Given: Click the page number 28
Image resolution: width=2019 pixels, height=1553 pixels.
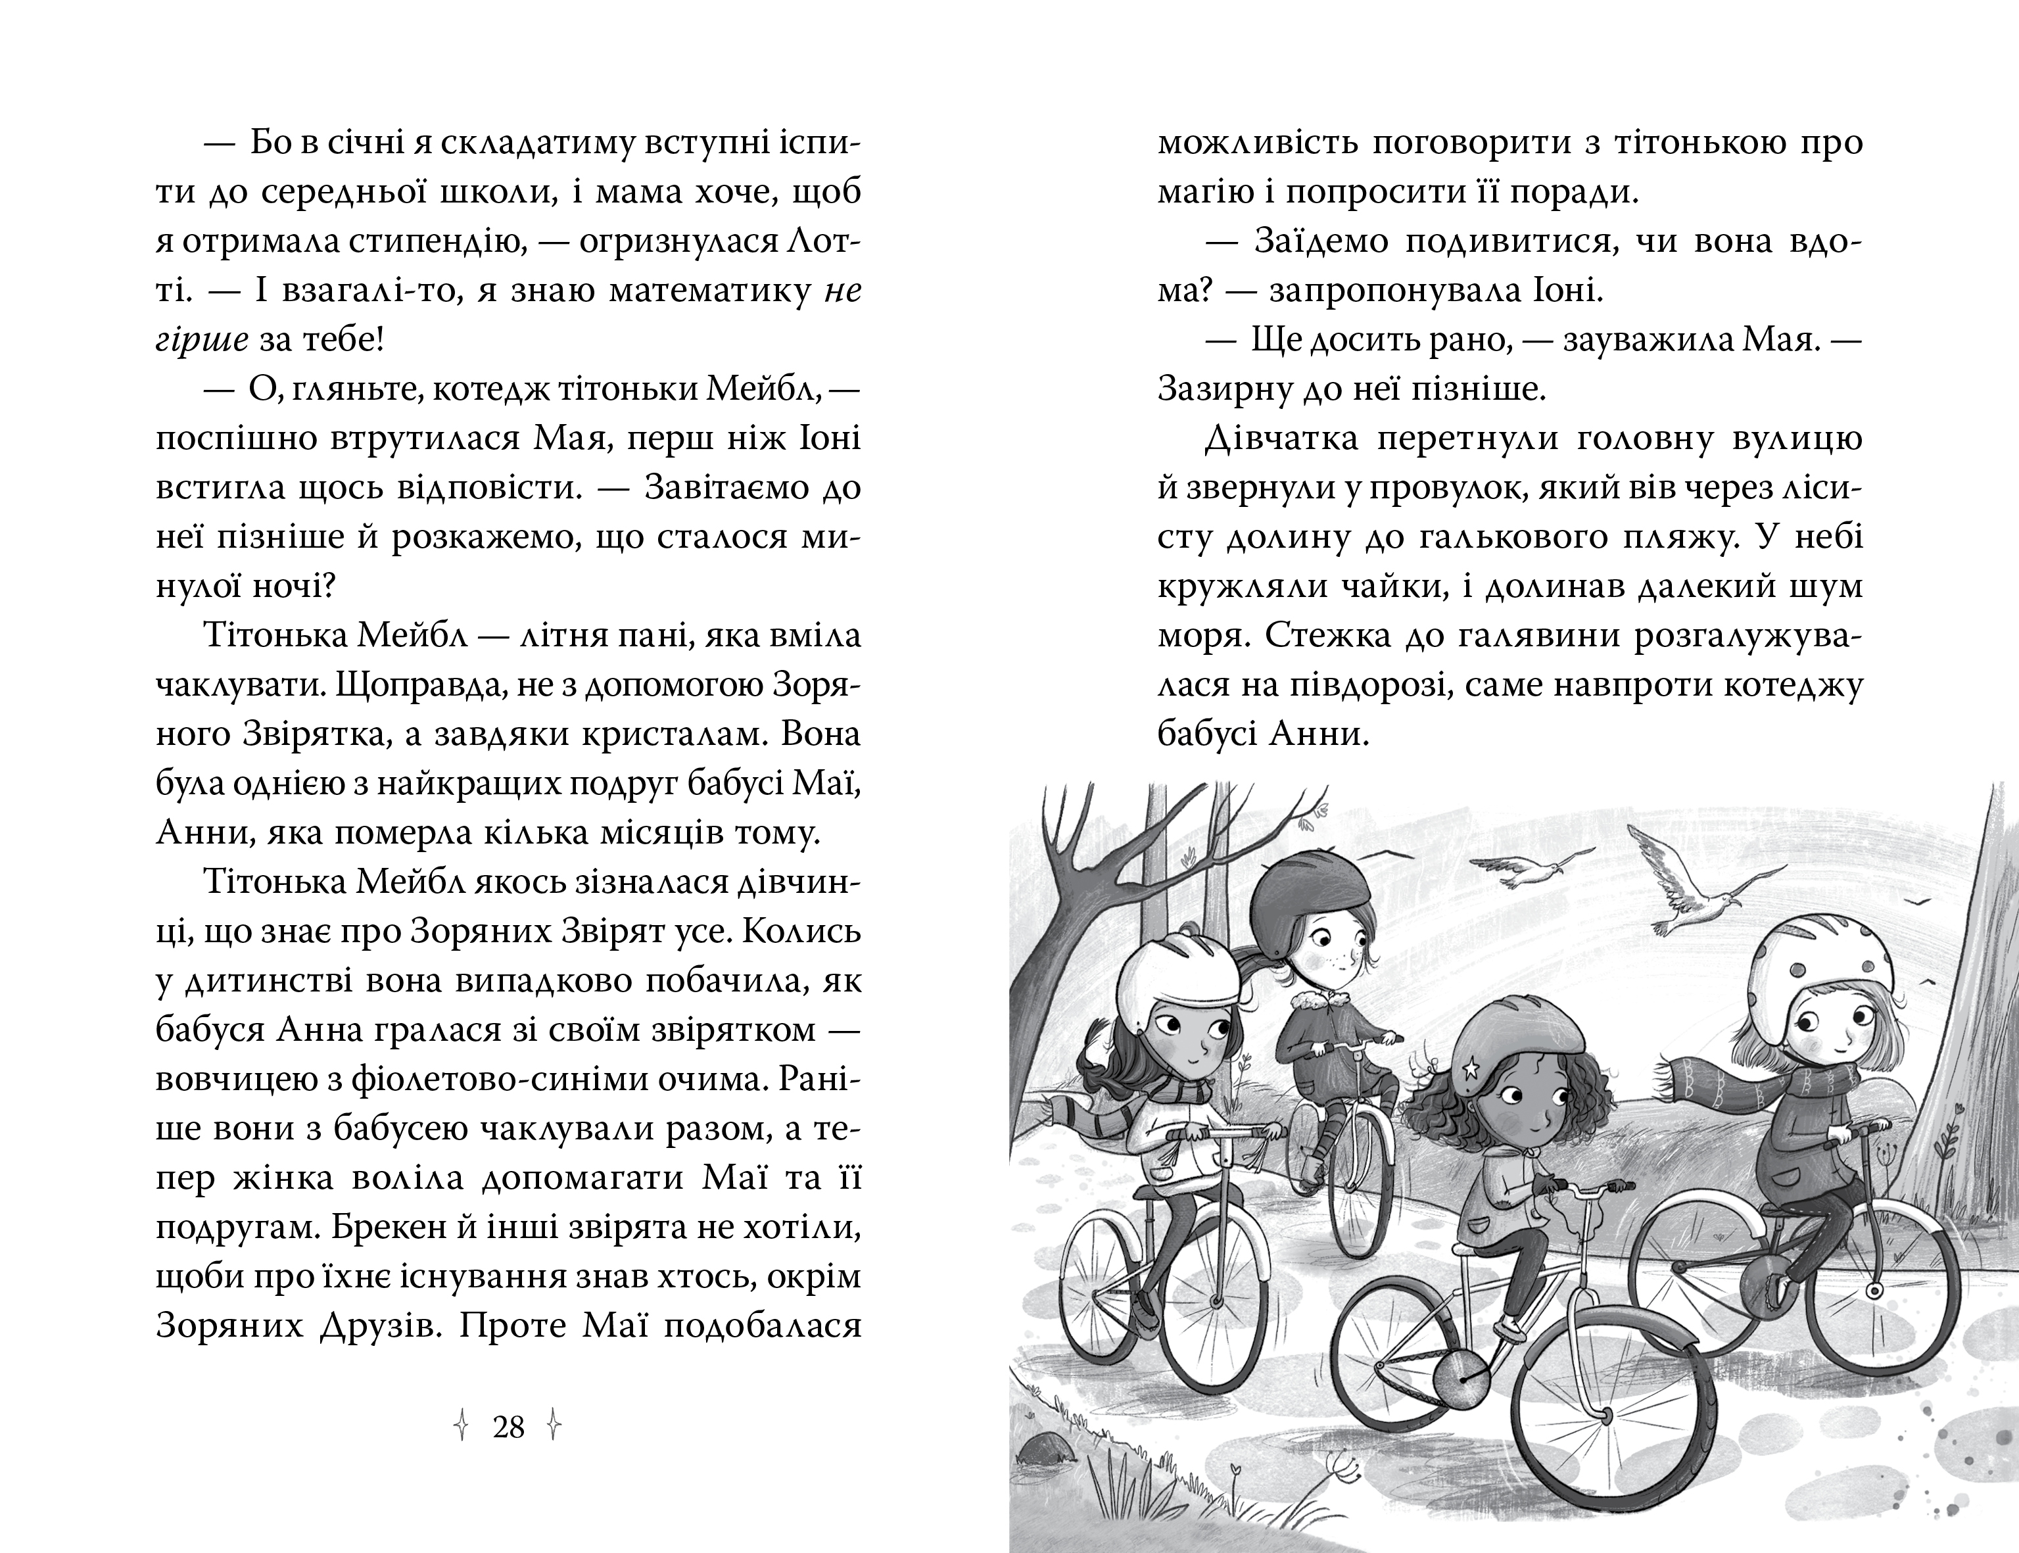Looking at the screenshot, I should (508, 1428).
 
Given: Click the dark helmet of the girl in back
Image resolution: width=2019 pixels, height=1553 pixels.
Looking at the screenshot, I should (1312, 893).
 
